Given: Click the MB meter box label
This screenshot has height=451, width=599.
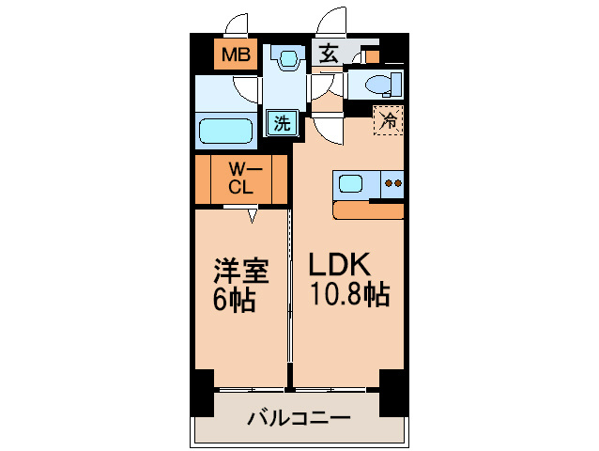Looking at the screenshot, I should pos(235,54).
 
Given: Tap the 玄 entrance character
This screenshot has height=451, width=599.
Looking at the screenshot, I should pos(328,54).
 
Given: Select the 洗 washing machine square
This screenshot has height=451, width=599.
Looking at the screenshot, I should pos(280,121).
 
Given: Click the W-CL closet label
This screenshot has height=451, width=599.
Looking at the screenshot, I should pos(240,179).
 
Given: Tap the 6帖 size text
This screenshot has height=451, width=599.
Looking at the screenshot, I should pos(235,302).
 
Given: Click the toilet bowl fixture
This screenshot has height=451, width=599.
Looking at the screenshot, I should pos(379,86).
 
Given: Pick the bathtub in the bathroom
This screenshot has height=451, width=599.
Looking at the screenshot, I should pos(226,130).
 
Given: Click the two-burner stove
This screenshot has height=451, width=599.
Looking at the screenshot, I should pos(393,184).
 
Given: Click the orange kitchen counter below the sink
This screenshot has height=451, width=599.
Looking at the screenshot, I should pos(368,210).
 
